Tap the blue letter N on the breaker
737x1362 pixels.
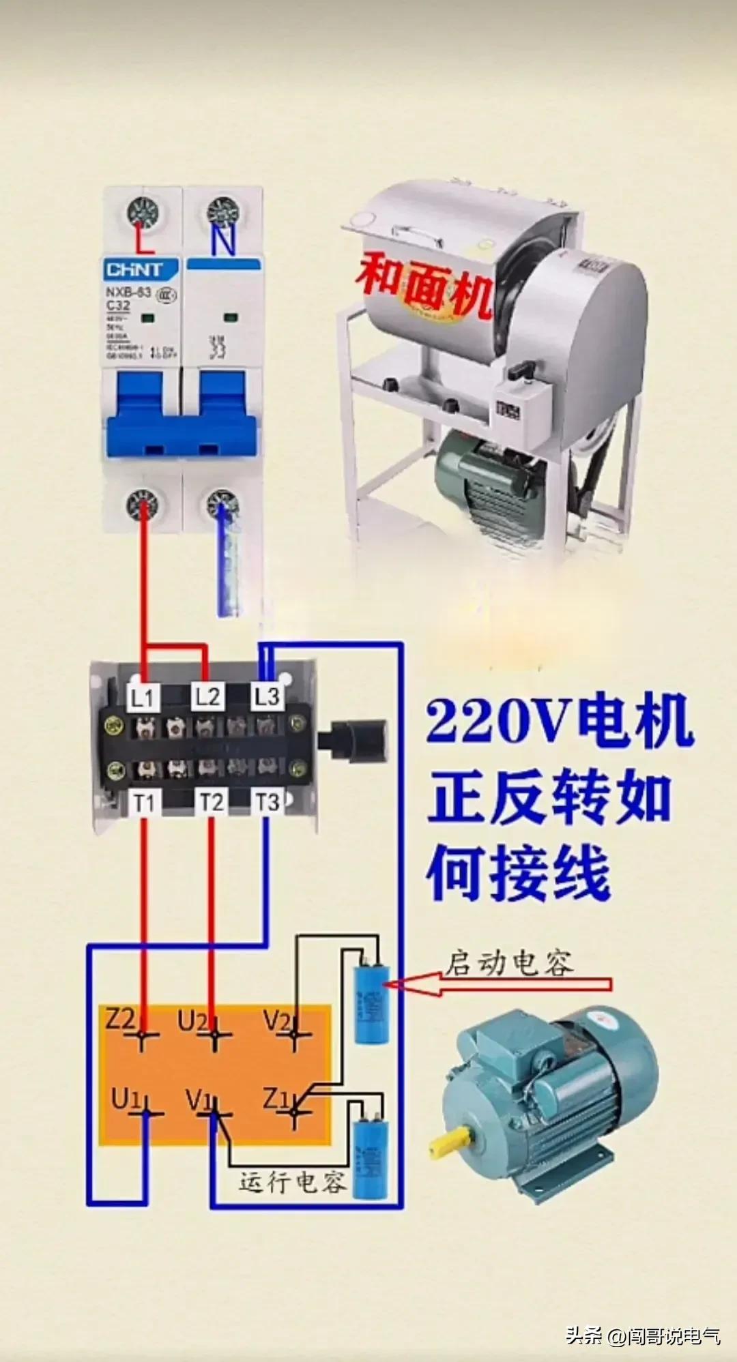pos(223,240)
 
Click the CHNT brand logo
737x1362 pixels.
pos(134,270)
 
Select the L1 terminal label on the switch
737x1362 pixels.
pos(143,697)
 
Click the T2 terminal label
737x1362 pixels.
pos(211,803)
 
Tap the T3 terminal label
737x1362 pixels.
pos(267,801)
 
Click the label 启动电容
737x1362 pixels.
pos(509,963)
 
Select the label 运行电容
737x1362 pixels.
pos(292,1182)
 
